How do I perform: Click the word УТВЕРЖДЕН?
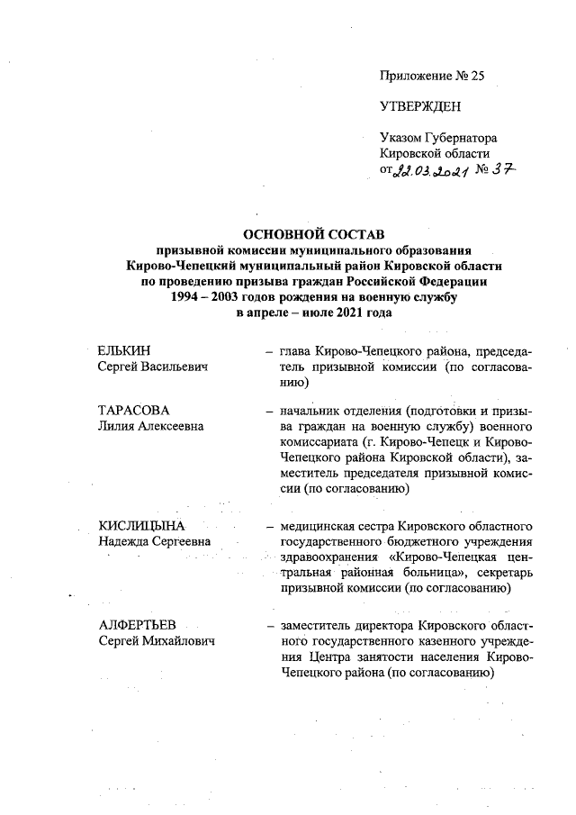(421, 107)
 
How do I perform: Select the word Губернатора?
(463, 138)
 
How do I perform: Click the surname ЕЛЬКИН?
(124, 350)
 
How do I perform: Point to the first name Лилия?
(115, 426)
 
